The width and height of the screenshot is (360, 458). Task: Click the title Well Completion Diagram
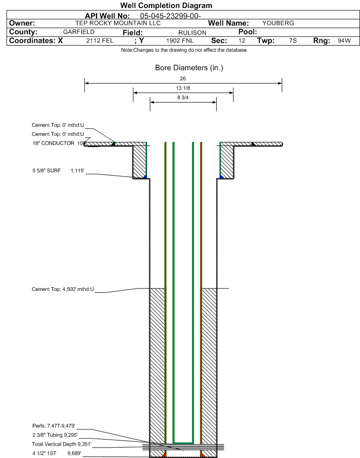click(x=166, y=5)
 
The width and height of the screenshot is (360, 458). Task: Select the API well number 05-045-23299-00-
click(x=170, y=16)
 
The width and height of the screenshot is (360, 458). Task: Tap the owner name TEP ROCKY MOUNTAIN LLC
click(x=118, y=23)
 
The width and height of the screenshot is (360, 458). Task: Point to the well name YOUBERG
click(x=278, y=23)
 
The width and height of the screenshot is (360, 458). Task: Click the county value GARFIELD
click(x=79, y=32)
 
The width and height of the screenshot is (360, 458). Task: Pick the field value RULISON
click(x=193, y=33)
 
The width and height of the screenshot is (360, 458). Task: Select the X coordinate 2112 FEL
click(x=100, y=41)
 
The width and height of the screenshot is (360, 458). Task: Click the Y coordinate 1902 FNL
click(x=180, y=41)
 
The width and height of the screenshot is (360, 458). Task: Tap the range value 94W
click(x=344, y=41)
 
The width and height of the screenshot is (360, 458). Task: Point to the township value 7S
click(x=293, y=41)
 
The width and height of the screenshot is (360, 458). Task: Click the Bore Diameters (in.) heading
click(x=189, y=68)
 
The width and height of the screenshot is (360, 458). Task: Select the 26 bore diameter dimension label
click(x=183, y=79)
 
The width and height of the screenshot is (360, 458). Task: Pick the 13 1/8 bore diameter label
click(x=183, y=88)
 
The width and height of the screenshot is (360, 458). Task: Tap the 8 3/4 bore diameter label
click(x=183, y=98)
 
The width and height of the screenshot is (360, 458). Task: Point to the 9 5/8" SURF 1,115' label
click(x=58, y=170)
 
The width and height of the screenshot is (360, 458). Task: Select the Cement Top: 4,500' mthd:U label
click(x=63, y=289)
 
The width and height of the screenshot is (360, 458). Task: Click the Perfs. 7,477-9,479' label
click(x=54, y=426)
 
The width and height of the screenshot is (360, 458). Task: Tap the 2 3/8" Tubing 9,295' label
click(x=55, y=435)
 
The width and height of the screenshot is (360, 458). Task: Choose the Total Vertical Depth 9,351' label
click(x=62, y=444)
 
